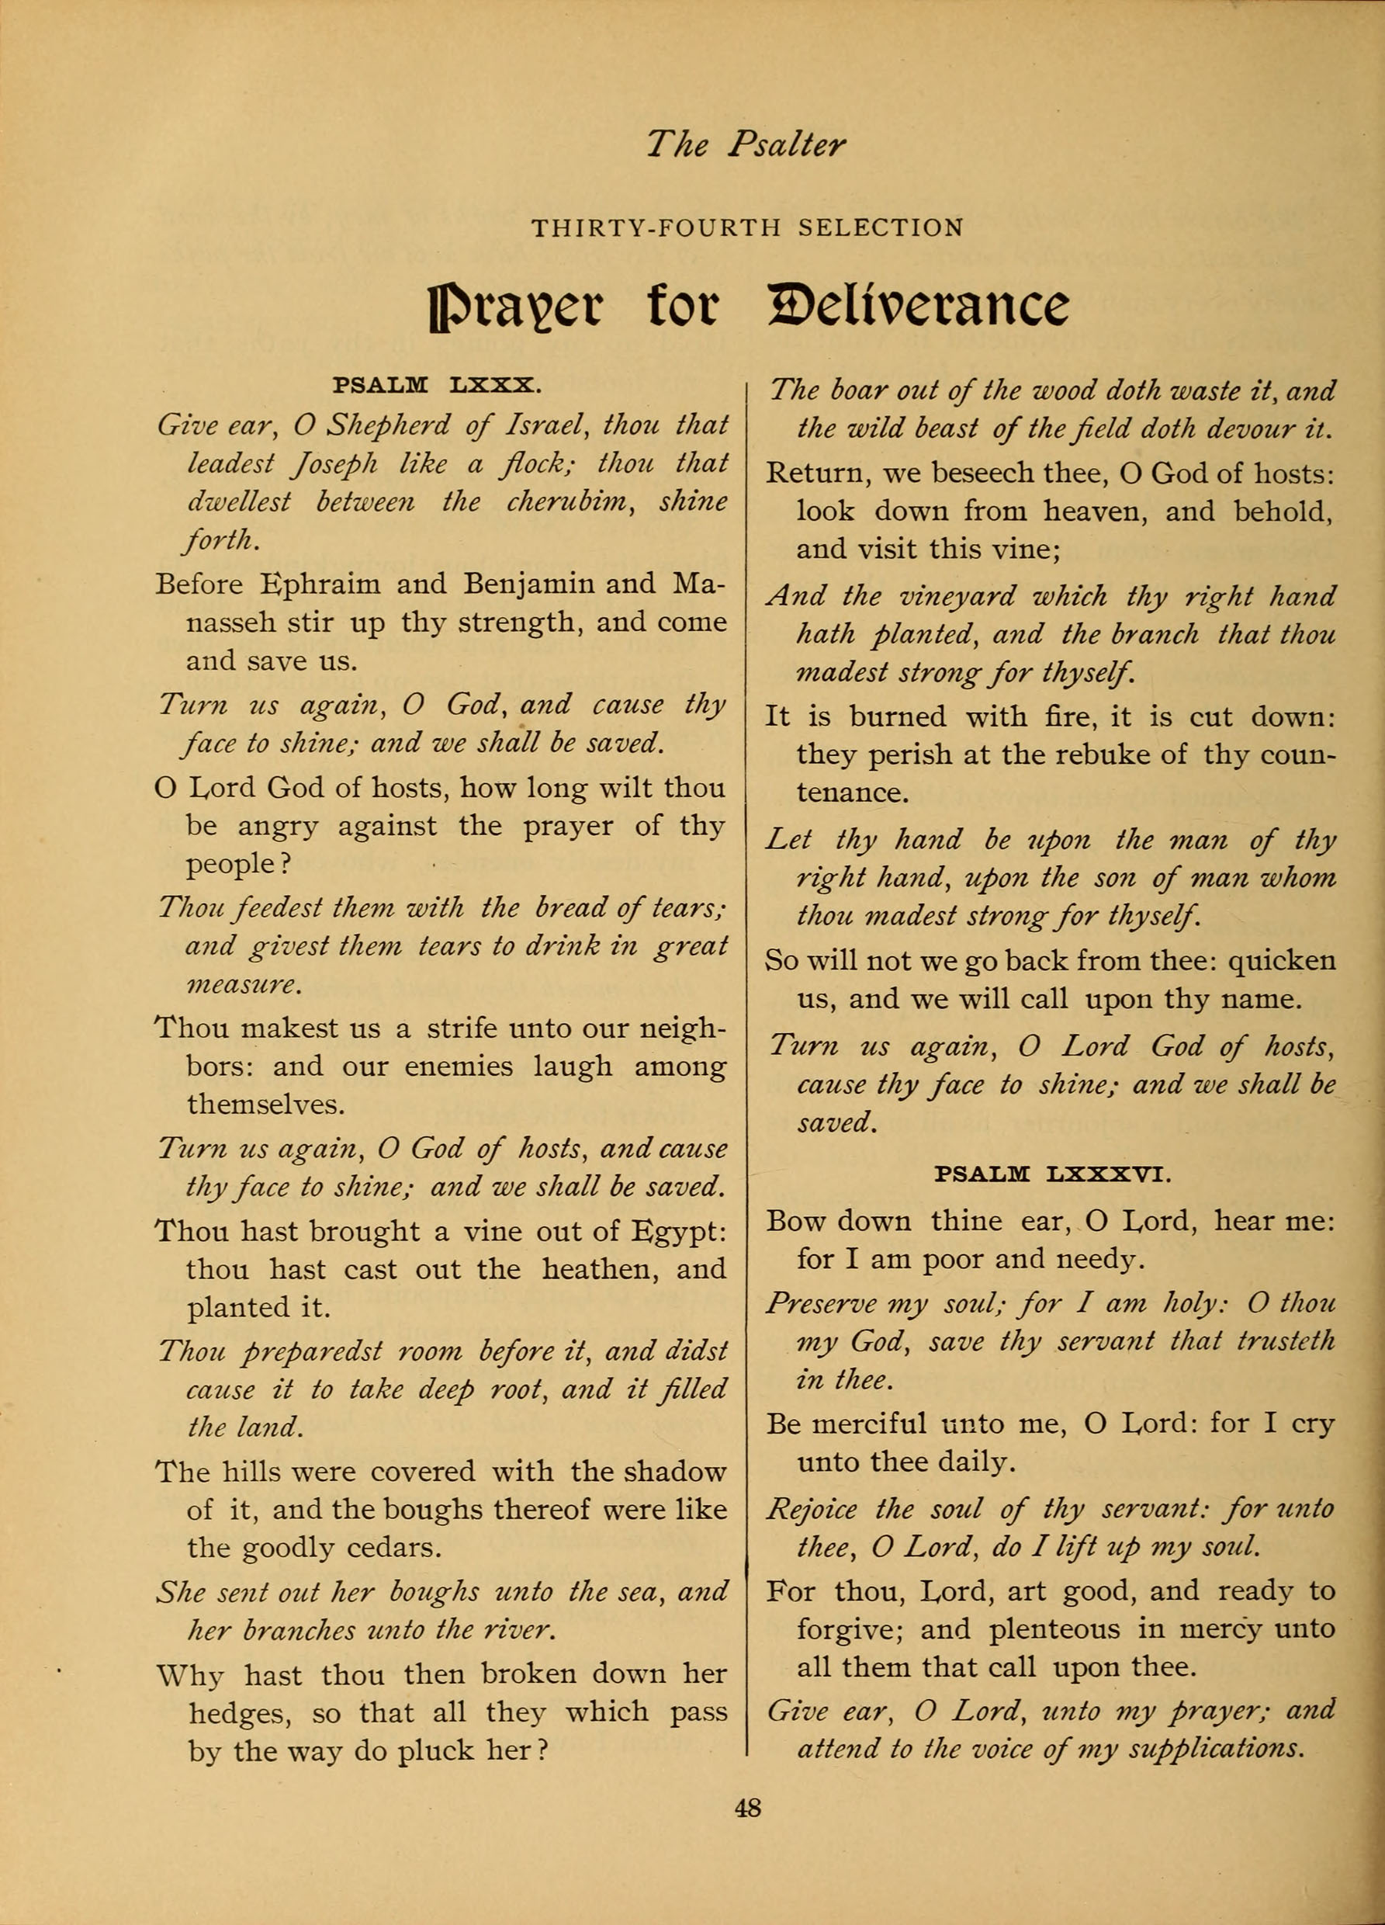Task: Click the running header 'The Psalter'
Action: coord(746,144)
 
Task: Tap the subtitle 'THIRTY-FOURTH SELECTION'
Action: coord(746,228)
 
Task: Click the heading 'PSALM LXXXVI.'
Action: coord(1053,1174)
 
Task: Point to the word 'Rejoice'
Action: coord(812,1509)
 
